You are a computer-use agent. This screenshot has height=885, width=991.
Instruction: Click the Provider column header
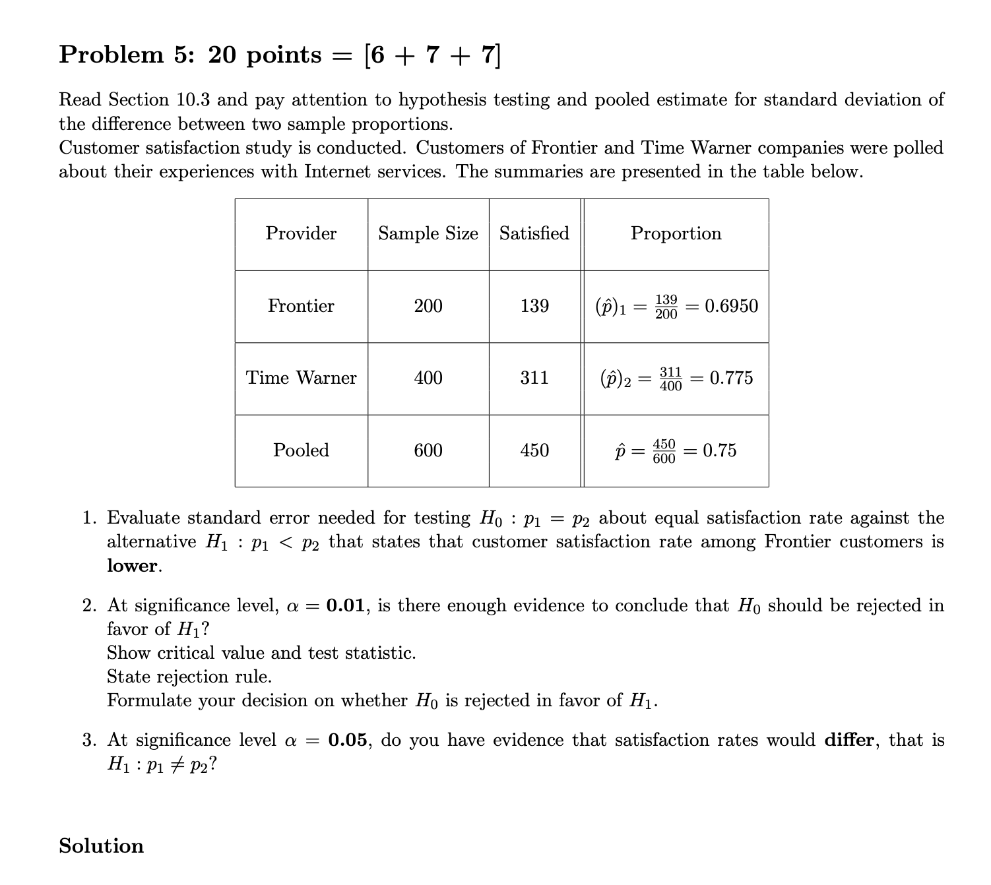301,233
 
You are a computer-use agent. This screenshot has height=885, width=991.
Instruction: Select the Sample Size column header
428,233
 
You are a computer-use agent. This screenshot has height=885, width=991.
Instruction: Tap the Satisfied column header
534,233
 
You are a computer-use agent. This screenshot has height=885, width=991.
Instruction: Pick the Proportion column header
676,233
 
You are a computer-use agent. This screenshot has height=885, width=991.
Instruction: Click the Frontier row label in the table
301,306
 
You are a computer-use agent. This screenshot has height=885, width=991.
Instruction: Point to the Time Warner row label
301,378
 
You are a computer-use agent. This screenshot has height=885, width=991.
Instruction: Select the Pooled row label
301,450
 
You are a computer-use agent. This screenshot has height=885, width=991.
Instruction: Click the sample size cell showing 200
428,306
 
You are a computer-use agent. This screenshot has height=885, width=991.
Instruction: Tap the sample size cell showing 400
428,378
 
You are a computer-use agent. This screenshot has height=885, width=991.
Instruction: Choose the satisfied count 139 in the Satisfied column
534,306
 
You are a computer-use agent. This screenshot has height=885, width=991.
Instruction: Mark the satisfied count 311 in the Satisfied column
534,378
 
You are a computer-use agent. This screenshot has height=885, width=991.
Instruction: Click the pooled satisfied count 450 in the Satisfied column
534,450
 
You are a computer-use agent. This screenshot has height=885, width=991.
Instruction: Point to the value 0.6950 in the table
731,306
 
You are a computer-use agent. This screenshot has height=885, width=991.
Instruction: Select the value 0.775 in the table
731,378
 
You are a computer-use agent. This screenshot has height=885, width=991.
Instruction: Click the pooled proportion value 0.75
719,450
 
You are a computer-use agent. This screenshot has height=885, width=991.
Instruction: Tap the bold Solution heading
101,846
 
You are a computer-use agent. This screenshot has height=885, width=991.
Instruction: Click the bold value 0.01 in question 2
346,605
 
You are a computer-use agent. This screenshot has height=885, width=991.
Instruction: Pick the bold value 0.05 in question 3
348,740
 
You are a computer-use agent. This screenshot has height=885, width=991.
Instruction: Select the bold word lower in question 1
133,566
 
